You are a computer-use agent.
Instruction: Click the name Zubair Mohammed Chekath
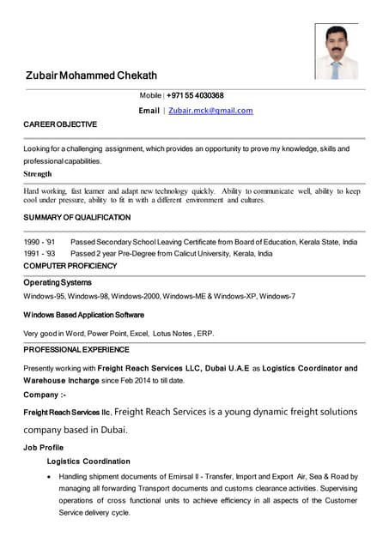[91, 76]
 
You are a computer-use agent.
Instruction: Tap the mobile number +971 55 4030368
[195, 95]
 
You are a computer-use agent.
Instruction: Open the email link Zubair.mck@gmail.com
[210, 111]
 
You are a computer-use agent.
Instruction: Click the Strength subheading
[38, 173]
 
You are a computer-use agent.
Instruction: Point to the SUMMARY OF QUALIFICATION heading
[77, 219]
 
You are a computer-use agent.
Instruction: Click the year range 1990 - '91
[40, 243]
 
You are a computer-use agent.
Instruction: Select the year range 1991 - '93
[40, 254]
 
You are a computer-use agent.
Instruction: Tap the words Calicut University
[191, 254]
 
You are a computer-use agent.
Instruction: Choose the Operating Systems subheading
[58, 282]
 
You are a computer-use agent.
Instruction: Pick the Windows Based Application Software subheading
[84, 315]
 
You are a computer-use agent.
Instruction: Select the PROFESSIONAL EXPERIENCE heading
[76, 350]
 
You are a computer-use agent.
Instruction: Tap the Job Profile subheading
[43, 447]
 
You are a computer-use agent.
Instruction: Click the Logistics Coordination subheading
[88, 462]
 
